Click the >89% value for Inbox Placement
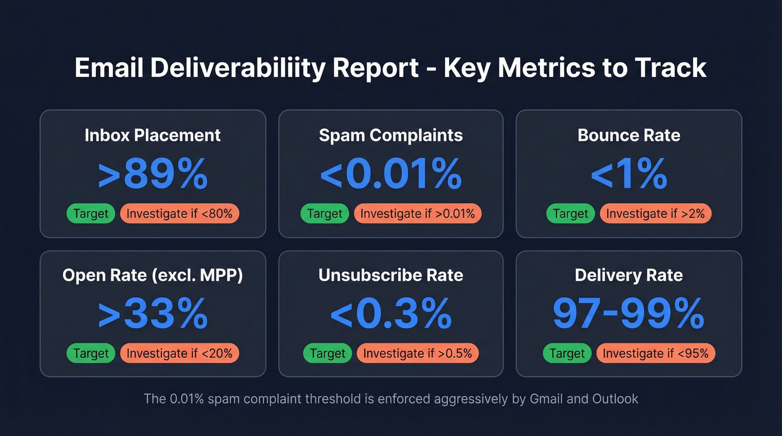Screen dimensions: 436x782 pos(152,175)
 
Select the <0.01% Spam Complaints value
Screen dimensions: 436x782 pos(390,175)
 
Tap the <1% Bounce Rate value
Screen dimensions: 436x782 pos(628,175)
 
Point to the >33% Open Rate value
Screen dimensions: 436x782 pos(152,314)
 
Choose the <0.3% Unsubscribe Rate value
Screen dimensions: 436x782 pos(390,314)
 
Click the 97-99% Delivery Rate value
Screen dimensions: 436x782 pos(628,314)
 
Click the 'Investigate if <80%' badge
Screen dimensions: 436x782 pos(179,214)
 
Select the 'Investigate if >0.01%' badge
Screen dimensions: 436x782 pos(417,214)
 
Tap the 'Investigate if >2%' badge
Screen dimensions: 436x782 pos(655,214)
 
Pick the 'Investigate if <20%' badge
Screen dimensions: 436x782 pos(179,353)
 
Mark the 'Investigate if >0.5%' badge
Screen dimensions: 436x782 pos(417,353)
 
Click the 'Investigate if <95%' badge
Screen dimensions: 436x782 pos(655,353)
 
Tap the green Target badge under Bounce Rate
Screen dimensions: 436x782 pos(570,214)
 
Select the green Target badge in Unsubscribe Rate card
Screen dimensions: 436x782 pos(328,353)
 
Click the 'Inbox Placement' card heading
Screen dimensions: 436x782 pos(152,135)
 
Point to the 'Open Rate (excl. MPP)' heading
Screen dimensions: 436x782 pos(152,275)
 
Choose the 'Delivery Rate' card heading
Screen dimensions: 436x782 pos(628,275)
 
